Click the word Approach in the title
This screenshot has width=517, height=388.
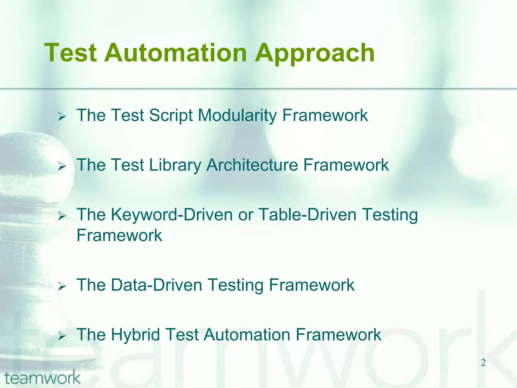(x=315, y=54)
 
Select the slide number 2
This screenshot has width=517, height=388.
(x=483, y=363)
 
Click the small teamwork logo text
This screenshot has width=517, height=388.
(x=42, y=378)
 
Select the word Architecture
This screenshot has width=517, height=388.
(x=252, y=165)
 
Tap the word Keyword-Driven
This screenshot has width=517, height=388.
(x=172, y=215)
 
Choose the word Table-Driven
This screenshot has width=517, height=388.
(x=307, y=215)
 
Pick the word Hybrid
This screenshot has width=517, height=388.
(x=135, y=335)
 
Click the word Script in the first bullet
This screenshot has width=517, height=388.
(x=171, y=115)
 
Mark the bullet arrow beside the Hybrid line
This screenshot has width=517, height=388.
(x=62, y=336)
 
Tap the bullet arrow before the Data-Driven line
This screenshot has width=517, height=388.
(x=62, y=286)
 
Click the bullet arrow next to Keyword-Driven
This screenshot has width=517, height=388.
(x=62, y=216)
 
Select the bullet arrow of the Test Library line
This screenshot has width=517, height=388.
(x=62, y=166)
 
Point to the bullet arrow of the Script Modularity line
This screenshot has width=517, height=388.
(x=62, y=117)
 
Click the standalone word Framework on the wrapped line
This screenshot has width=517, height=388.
(x=119, y=235)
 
